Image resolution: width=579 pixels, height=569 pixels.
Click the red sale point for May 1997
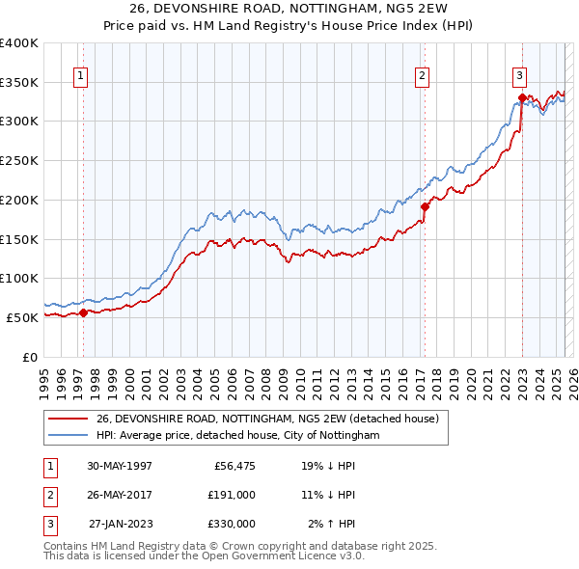click(x=84, y=312)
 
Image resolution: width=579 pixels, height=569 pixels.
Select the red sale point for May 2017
click(x=424, y=205)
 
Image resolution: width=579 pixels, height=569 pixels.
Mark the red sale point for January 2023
click(x=521, y=96)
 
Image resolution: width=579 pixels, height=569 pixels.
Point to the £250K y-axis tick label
click(x=19, y=160)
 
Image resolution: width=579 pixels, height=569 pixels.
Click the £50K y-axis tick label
click(x=23, y=317)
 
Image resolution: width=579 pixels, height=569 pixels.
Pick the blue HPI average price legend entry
click(x=237, y=436)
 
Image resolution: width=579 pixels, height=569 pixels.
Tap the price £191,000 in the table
click(x=232, y=496)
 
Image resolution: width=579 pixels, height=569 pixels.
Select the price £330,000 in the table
click(x=232, y=524)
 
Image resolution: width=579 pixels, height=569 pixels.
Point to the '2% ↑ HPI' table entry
click(x=331, y=524)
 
